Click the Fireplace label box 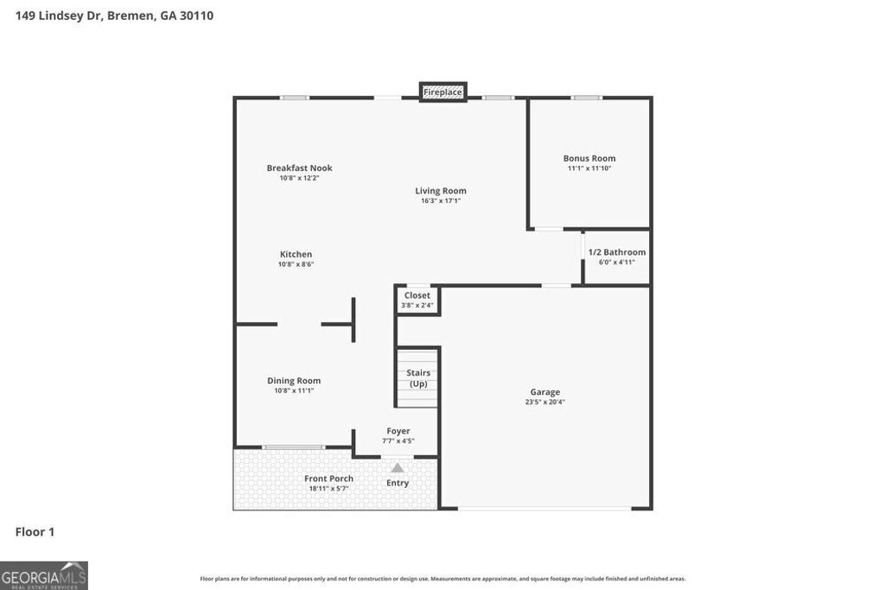click(442, 92)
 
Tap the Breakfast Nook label click(299, 168)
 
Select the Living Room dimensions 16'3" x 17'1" click(441, 201)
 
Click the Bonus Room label click(589, 158)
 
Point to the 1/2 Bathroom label click(616, 252)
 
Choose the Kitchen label click(296, 254)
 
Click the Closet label click(417, 295)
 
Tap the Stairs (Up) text click(418, 378)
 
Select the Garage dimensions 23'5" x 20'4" click(545, 402)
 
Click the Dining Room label click(294, 380)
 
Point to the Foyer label click(398, 431)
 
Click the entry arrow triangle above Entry click(398, 468)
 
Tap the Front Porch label click(328, 479)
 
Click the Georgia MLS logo click(44, 575)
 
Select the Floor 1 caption click(35, 532)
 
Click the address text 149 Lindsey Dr click(58, 16)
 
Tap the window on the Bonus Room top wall click(587, 98)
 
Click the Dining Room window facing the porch click(294, 447)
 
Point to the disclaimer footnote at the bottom click(442, 579)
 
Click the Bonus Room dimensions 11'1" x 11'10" click(589, 168)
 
